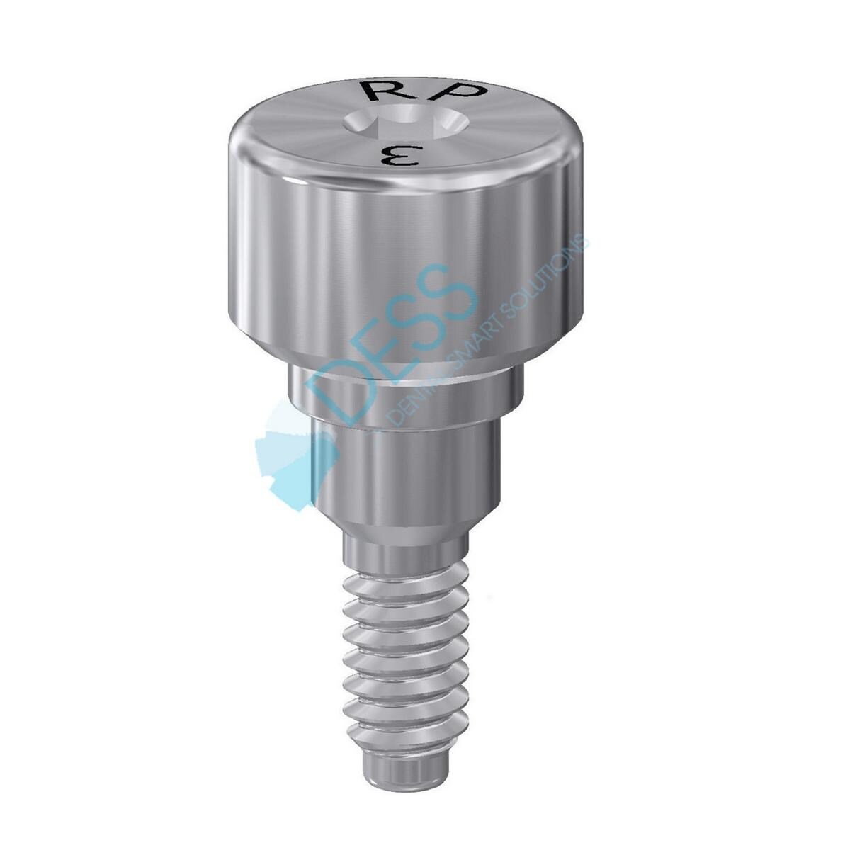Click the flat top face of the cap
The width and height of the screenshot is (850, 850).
point(319,127)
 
